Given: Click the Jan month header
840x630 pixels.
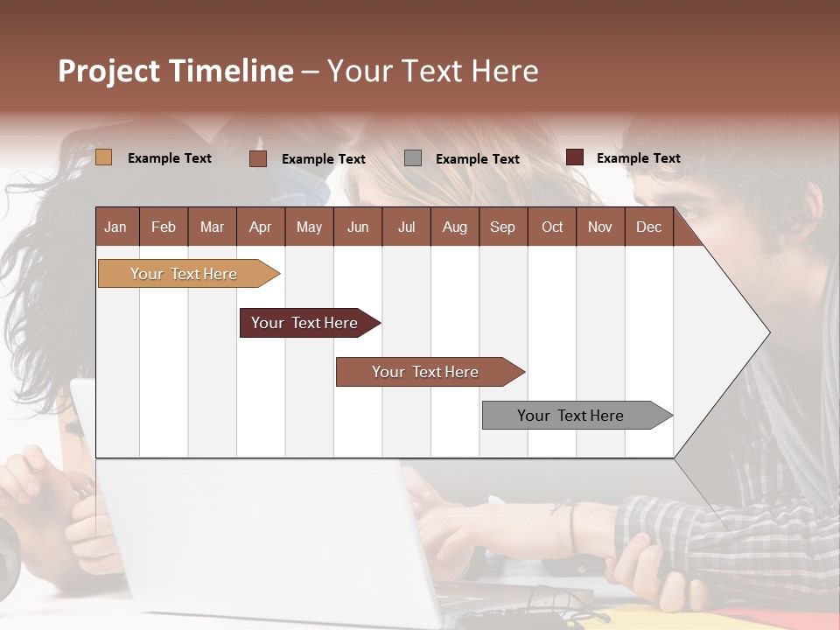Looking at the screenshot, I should [116, 227].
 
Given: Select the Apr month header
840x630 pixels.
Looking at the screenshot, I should [261, 227].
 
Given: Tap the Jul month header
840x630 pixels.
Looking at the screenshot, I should [406, 227].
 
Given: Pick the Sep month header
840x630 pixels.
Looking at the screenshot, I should [502, 227].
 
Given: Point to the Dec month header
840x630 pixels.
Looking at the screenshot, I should [648, 227].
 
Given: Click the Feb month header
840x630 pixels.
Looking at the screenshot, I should [164, 227].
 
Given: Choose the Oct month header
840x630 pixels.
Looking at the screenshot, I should [552, 227].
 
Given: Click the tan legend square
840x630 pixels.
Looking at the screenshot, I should [103, 157].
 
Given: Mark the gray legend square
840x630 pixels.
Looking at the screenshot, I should [413, 157].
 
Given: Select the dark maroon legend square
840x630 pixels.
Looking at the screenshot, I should [575, 157].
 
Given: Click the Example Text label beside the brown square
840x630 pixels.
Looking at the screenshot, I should [323, 159].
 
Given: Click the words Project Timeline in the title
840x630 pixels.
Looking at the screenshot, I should [175, 71].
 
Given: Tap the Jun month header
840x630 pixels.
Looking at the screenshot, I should [358, 227].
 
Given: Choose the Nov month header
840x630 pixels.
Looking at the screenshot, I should [599, 227].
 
